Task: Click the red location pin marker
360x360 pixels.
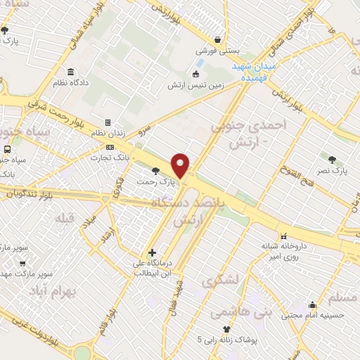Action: pyautogui.click(x=181, y=165)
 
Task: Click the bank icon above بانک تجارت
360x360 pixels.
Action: pyautogui.click(x=109, y=146)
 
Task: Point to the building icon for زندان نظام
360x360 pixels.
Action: pyautogui.click(x=108, y=122)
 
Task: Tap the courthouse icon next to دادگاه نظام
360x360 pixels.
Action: pyautogui.click(x=70, y=72)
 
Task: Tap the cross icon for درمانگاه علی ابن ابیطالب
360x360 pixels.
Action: pyautogui.click(x=152, y=252)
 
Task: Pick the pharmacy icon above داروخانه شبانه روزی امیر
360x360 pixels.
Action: pyautogui.click(x=283, y=236)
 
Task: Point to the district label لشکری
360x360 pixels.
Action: pyautogui.click(x=221, y=281)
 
